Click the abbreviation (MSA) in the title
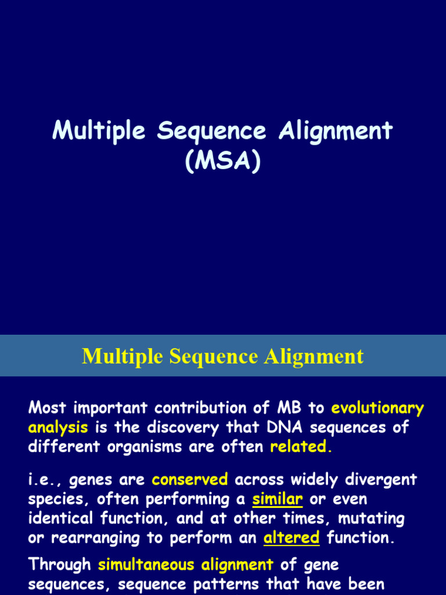pos(222,162)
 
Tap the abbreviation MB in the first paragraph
pos(292,408)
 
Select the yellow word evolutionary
pos(377,408)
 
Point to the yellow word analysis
pos(58,428)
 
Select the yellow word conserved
pos(190,480)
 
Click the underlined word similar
pos(278,499)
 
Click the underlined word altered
pos(292,537)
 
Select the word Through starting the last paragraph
pos(60,564)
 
